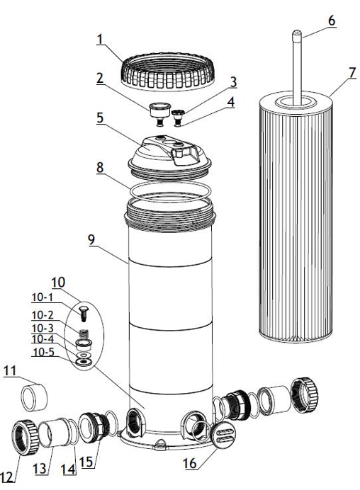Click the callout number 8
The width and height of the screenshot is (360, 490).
(x=101, y=168)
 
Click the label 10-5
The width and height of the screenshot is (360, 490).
(x=41, y=351)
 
